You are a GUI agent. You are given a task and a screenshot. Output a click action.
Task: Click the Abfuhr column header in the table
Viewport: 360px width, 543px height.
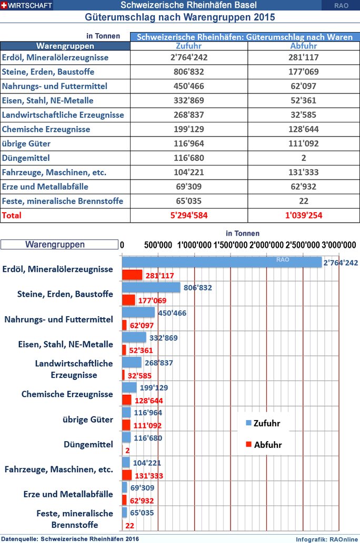[x=303, y=46]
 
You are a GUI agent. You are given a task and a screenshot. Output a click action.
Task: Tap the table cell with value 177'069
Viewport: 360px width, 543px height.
[x=303, y=71]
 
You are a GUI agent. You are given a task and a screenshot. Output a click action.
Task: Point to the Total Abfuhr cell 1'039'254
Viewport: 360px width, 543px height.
[x=303, y=215]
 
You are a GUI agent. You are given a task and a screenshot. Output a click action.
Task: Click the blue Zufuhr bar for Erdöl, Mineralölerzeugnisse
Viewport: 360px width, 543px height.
[x=221, y=262]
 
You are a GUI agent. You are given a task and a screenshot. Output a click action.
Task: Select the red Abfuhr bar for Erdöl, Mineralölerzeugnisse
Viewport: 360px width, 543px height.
[x=132, y=275]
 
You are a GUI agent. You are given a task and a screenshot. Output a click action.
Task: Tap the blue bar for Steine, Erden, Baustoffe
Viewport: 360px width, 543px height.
[x=151, y=287]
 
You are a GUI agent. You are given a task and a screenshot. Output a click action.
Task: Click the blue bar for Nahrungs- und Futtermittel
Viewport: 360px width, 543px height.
[x=138, y=312]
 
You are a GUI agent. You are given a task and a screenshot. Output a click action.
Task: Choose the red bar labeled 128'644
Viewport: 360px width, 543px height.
[x=126, y=400]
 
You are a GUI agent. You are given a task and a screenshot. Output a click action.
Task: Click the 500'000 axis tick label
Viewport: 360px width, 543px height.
[x=157, y=244]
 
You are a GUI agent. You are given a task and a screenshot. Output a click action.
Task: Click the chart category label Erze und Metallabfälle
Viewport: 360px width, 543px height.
[x=68, y=494]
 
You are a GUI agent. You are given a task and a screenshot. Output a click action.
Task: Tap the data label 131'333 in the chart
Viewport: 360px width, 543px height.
[x=148, y=475]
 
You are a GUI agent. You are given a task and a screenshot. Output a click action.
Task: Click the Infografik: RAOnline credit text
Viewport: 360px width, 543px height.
[x=326, y=539]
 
